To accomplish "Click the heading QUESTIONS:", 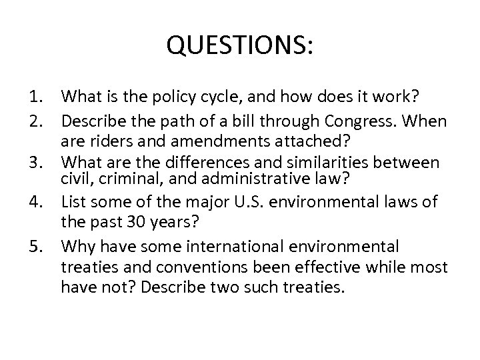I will click(240, 46).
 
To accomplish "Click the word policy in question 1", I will click(167, 97).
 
